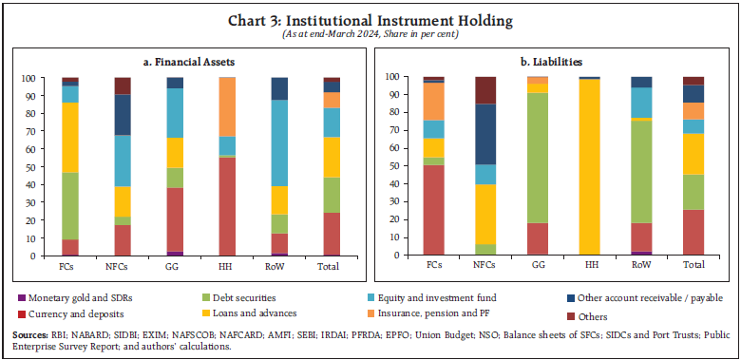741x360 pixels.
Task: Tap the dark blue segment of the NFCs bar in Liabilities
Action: click(x=485, y=133)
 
